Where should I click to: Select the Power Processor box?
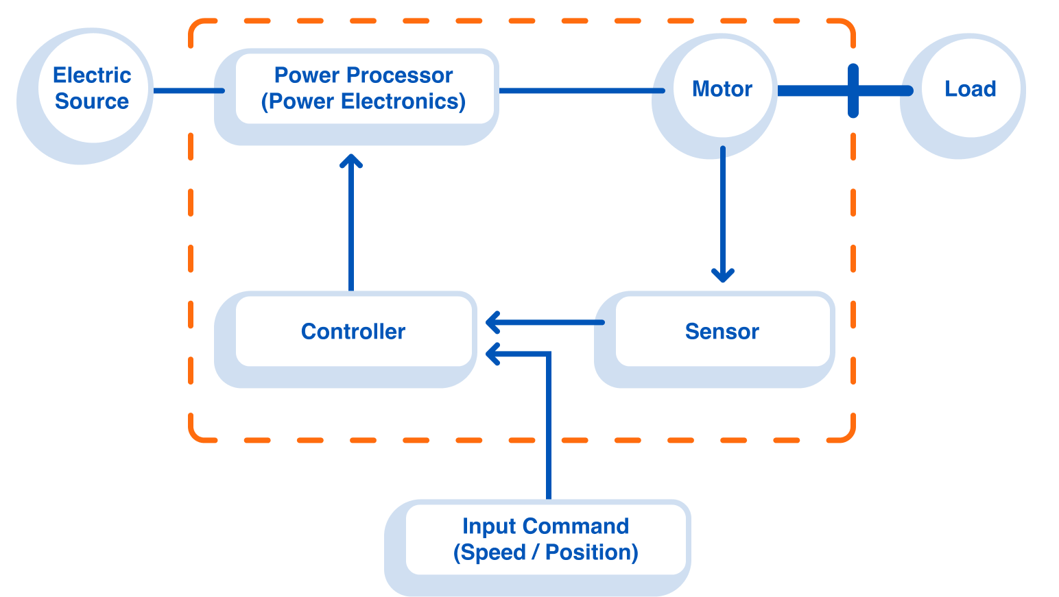click(364, 88)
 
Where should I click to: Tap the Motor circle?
click(722, 88)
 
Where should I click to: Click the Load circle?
click(970, 88)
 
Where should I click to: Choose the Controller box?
click(353, 332)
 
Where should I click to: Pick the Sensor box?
click(722, 332)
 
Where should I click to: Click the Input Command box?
click(546, 539)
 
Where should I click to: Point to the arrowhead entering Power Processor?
click(351, 160)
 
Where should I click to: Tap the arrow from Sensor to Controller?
click(549, 322)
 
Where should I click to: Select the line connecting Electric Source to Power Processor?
click(187, 90)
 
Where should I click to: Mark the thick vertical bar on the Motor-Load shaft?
click(853, 90)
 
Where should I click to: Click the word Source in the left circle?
click(92, 101)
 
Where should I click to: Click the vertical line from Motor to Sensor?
click(722, 206)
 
